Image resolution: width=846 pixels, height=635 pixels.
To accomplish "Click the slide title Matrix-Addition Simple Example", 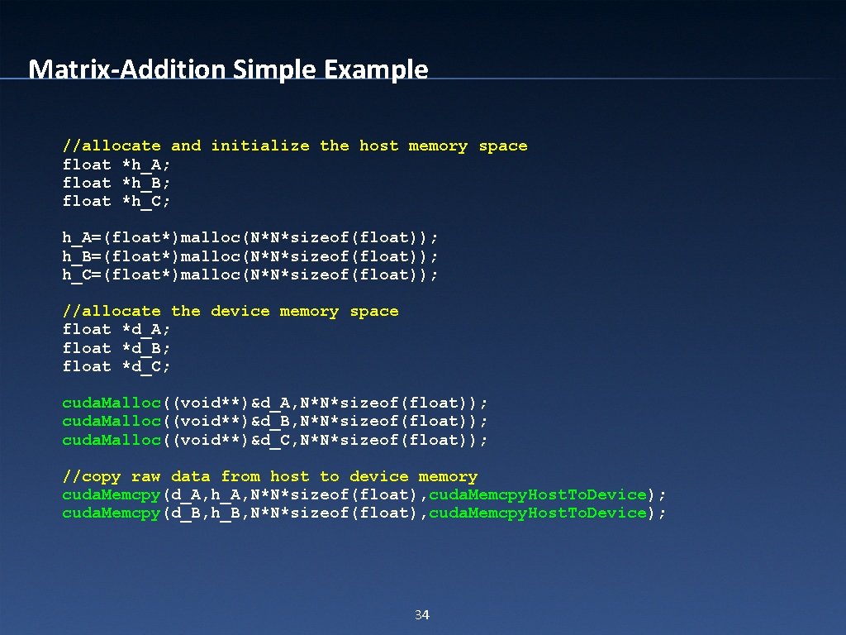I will (x=228, y=69).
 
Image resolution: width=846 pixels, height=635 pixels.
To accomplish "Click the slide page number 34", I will (x=421, y=615).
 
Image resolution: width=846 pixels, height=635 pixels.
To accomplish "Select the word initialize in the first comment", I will (x=260, y=146).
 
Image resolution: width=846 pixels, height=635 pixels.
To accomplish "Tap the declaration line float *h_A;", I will (x=116, y=165).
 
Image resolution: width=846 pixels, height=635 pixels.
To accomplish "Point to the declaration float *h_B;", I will (x=116, y=183).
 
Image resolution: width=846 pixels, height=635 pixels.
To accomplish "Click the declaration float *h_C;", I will (x=116, y=201).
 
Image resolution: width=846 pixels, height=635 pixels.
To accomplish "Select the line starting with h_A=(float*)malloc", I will (x=250, y=238).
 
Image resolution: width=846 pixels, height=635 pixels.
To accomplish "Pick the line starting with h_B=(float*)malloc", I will (x=250, y=256).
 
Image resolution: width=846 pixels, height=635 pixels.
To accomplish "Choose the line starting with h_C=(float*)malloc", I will (x=250, y=275).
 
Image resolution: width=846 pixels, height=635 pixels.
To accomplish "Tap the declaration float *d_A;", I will (x=116, y=329).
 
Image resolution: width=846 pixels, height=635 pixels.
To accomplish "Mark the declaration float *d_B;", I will (x=116, y=348).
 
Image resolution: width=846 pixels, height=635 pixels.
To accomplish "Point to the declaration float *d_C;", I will (x=116, y=366).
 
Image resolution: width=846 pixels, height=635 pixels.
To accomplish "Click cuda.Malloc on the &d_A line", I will (x=112, y=403).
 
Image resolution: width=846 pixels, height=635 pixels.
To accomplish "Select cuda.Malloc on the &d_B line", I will (x=112, y=421).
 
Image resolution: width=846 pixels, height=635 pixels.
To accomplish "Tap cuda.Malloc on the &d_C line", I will (x=112, y=439).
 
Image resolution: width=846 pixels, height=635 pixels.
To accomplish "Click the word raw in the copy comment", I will (x=146, y=476).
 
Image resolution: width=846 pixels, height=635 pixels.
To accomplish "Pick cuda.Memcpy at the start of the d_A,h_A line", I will (x=112, y=494).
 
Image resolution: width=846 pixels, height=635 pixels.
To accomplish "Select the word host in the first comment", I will (x=378, y=146).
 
